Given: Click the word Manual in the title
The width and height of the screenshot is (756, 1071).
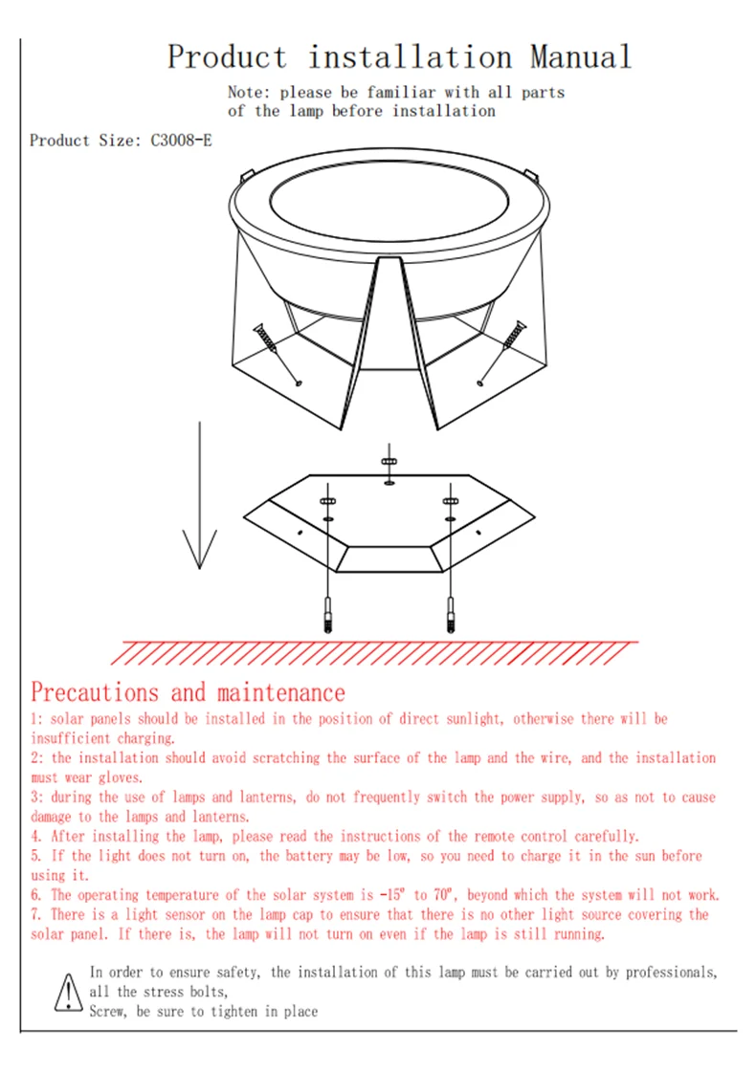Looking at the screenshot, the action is (580, 56).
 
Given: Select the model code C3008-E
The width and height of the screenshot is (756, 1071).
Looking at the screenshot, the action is (181, 140).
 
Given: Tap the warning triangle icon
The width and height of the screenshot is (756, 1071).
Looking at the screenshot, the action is (68, 993).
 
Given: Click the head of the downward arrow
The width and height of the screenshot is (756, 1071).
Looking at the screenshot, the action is (200, 549).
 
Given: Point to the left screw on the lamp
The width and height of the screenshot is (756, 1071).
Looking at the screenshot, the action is (278, 355).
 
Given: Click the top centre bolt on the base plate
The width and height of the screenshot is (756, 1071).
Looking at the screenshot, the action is (389, 464).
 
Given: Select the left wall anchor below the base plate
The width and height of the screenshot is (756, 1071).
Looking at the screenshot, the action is (328, 615).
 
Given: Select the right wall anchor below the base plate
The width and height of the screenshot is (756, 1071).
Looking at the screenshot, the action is (451, 615).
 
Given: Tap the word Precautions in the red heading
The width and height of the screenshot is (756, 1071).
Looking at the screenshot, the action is (95, 692).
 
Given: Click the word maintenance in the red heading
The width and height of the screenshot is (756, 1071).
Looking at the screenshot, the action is (281, 693).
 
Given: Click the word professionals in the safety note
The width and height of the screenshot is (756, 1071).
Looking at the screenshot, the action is (671, 972).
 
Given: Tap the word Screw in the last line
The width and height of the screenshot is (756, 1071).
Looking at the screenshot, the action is (108, 1012).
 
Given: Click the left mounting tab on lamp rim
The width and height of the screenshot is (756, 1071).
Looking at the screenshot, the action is (247, 176).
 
